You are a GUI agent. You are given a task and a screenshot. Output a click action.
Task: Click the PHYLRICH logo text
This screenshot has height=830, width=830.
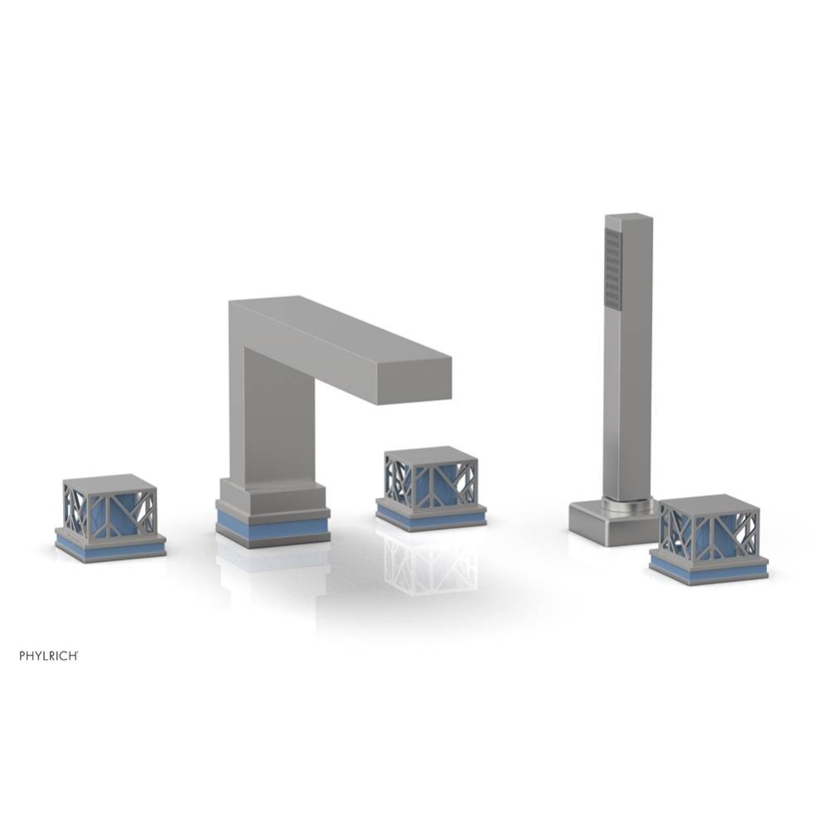tap(49, 656)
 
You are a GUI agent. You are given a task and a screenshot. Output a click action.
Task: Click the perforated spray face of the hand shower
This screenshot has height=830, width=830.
tap(613, 269)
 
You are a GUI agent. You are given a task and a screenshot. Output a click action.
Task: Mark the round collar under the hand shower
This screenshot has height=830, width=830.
tap(628, 503)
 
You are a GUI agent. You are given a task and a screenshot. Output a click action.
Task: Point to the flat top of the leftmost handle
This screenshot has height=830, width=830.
tap(109, 483)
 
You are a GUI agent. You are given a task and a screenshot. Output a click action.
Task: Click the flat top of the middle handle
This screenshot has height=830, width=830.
tap(430, 455)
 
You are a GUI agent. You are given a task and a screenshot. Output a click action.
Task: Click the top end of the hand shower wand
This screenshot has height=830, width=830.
tap(628, 219)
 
